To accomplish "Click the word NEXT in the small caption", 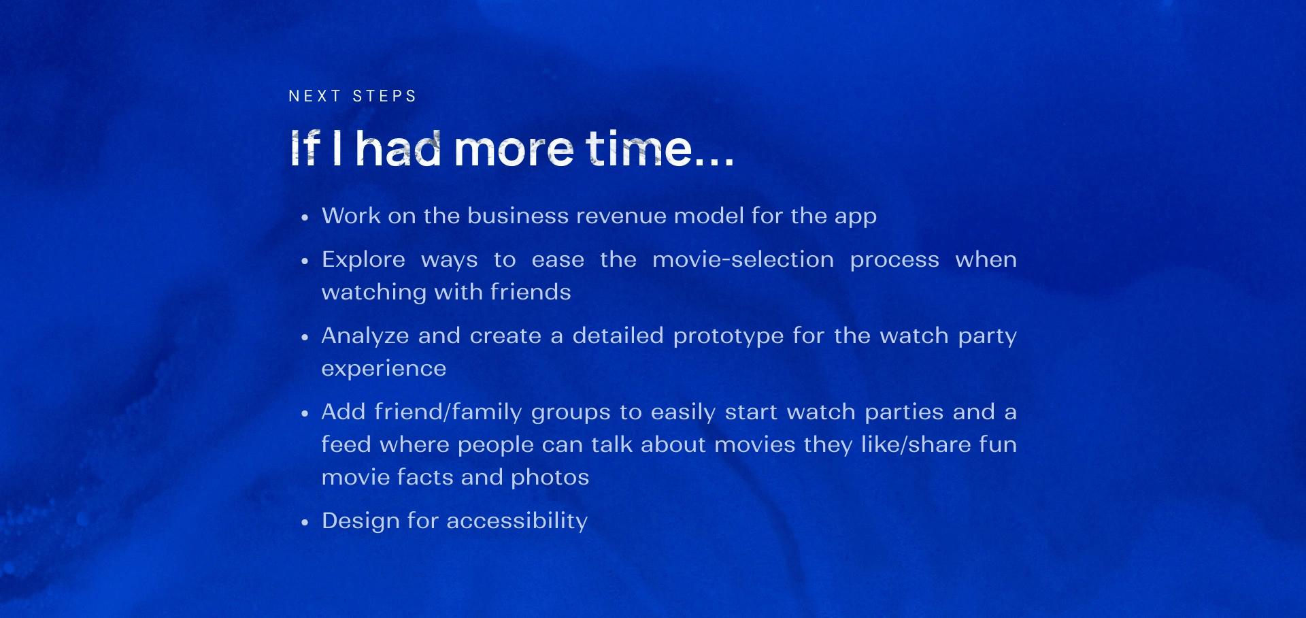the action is pos(314,96).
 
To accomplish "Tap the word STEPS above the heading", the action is pos(384,96).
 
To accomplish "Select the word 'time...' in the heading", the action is pos(660,148).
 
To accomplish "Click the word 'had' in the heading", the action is pos(399,148).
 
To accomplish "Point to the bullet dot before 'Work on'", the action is pos(305,218).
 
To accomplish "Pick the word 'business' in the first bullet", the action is pos(518,216).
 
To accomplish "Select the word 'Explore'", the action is pos(363,260).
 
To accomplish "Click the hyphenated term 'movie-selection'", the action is pos(743,259).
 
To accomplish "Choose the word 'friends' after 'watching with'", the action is pos(531,292).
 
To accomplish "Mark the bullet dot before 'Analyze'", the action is pos(305,338).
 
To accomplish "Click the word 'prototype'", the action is pos(729,336).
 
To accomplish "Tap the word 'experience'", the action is pos(384,369).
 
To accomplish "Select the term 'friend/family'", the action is pos(448,412).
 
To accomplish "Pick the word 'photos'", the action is pos(550,478).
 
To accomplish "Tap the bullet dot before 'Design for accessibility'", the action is pos(305,523).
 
